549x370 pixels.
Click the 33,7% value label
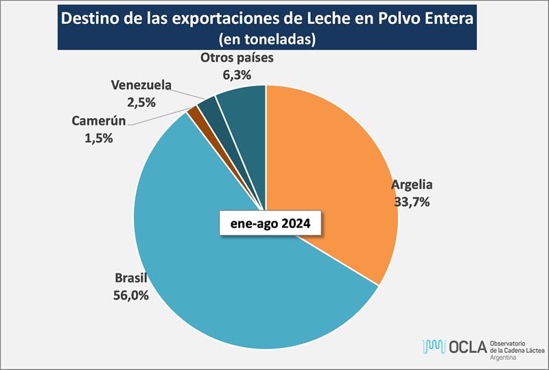click(x=412, y=202)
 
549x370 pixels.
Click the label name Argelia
click(x=412, y=186)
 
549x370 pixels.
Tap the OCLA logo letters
click(x=467, y=347)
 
